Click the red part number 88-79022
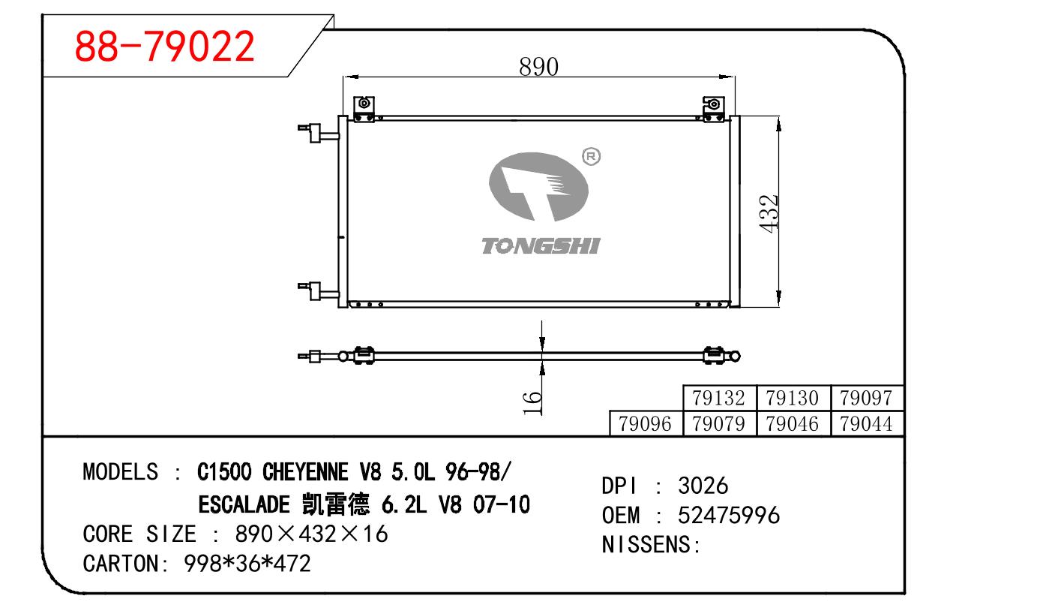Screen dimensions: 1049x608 (164, 46)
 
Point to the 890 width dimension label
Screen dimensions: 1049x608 (538, 67)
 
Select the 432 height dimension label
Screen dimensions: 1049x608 (769, 214)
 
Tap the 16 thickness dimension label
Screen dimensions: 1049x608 (532, 402)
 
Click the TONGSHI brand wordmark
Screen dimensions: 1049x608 (541, 246)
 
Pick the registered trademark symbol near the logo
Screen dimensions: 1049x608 (591, 157)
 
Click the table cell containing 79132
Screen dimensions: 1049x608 (719, 398)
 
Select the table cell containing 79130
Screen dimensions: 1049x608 (793, 398)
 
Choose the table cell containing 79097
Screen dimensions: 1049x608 (867, 398)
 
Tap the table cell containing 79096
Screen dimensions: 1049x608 (646, 424)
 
